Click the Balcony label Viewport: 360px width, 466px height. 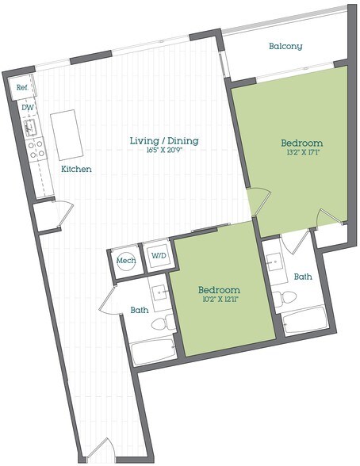click(285, 46)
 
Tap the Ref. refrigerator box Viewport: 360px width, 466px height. click(21, 88)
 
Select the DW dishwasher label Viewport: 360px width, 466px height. click(28, 108)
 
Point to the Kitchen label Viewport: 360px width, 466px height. click(76, 169)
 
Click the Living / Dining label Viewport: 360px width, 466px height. click(164, 140)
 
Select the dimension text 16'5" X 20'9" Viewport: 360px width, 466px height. click(164, 150)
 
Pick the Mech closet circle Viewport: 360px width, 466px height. click(126, 261)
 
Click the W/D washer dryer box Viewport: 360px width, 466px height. click(159, 255)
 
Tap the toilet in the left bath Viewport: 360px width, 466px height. click(163, 323)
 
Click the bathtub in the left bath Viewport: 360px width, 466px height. click(154, 352)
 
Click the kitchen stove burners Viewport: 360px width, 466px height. click(36, 149)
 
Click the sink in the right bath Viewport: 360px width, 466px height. click(274, 262)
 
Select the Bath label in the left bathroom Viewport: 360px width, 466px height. click(140, 310)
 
